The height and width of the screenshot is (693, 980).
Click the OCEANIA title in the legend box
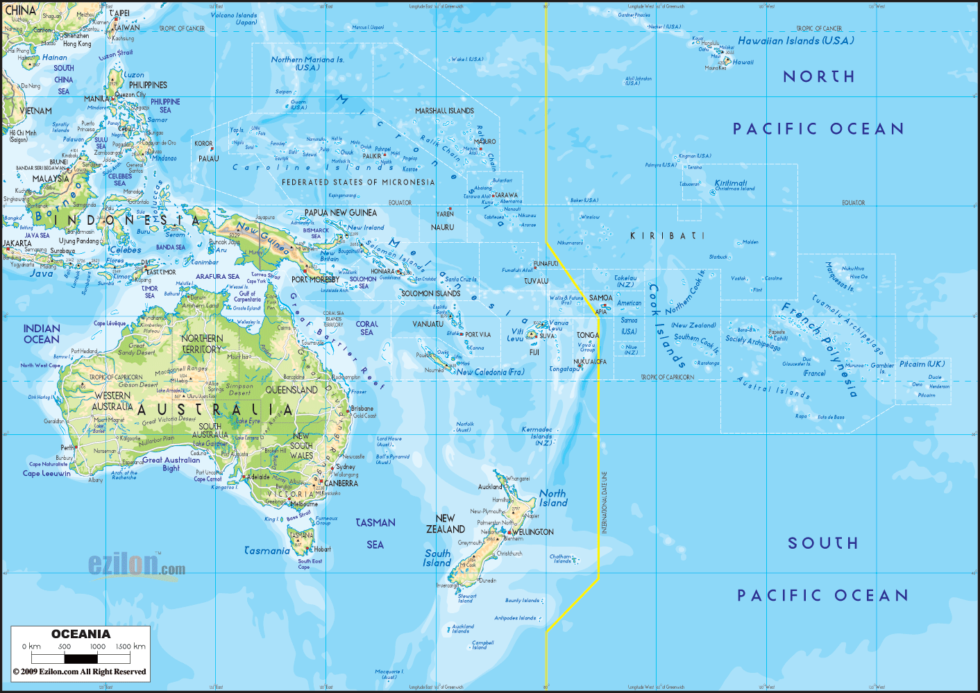pyautogui.click(x=81, y=634)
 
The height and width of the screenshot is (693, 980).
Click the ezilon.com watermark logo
pyautogui.click(x=136, y=565)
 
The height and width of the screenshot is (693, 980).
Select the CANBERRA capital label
pyautogui.click(x=341, y=484)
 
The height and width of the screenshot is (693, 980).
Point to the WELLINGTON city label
pyautogui.click(x=533, y=532)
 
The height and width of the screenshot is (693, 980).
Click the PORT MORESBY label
pyautogui.click(x=316, y=280)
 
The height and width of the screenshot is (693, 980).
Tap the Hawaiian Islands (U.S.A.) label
pyautogui.click(x=795, y=41)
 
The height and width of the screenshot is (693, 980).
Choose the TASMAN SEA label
pyautogui.click(x=375, y=533)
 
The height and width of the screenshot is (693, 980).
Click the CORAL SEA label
pyautogui.click(x=367, y=328)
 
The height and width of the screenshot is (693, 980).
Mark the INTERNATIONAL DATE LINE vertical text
pyautogui.click(x=604, y=502)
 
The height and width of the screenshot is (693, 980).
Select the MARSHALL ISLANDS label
pyautogui.click(x=444, y=111)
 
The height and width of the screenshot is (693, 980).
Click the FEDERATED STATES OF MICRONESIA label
pyautogui.click(x=358, y=182)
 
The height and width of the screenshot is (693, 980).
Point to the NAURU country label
pyautogui.click(x=442, y=228)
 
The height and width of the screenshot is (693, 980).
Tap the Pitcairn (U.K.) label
pyautogui.click(x=922, y=364)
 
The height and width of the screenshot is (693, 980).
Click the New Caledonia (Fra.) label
pyautogui.click(x=490, y=373)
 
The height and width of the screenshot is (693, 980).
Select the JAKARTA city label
pyautogui.click(x=17, y=243)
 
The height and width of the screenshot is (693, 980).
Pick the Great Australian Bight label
pyautogui.click(x=171, y=464)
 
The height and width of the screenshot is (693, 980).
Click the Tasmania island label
pyautogui.click(x=267, y=551)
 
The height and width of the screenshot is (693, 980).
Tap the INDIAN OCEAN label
pyautogui.click(x=42, y=334)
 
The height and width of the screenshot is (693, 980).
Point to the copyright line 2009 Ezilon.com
pyautogui.click(x=80, y=671)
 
